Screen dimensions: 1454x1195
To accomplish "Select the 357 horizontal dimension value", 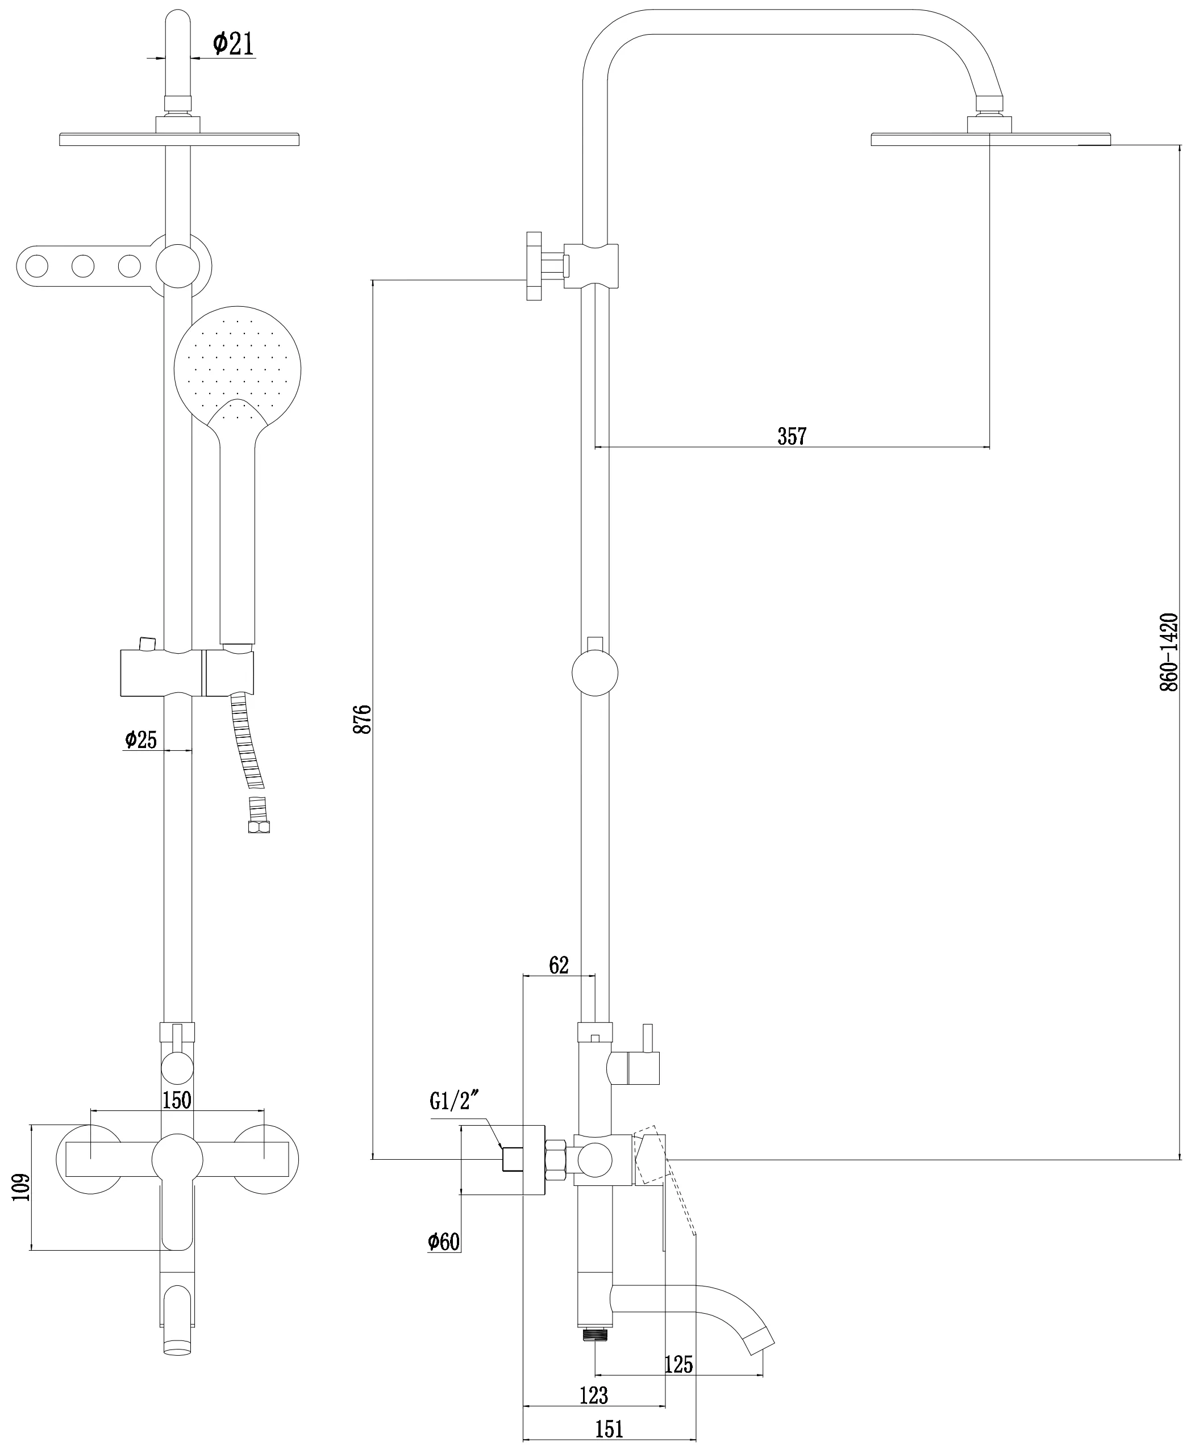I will (x=792, y=436).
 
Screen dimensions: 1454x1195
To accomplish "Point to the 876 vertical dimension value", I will (x=363, y=718).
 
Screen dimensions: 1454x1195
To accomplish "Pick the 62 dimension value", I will (x=559, y=966).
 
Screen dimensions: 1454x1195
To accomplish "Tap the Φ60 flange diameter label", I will (x=443, y=1242).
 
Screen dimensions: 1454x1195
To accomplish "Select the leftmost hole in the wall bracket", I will (x=36, y=266).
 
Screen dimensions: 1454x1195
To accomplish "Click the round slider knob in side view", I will (x=595, y=672).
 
